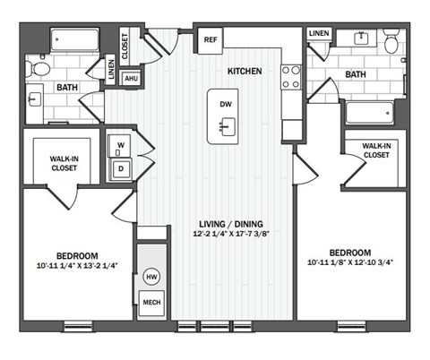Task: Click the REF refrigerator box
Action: [x=211, y=39]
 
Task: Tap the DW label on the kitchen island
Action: [x=225, y=104]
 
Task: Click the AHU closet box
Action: [x=131, y=79]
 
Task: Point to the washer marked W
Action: [x=121, y=145]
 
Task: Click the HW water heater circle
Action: [x=151, y=278]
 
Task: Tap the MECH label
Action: [x=151, y=304]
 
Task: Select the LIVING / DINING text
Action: [x=231, y=224]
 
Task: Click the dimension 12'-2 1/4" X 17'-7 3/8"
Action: [x=231, y=236]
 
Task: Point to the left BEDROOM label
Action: [x=76, y=254]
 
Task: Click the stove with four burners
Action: [x=292, y=77]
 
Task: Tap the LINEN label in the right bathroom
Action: [x=319, y=33]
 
